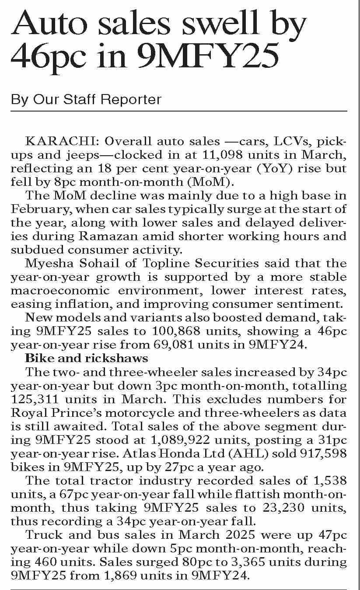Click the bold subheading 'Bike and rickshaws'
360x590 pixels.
(x=87, y=359)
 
